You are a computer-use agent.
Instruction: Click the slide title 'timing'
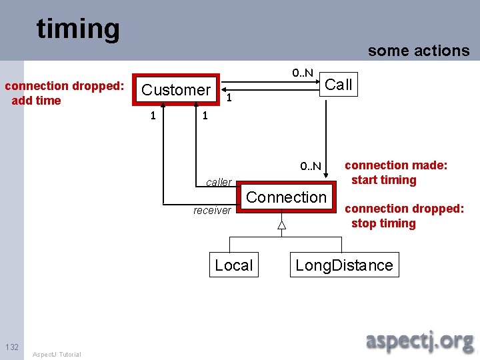tap(78, 29)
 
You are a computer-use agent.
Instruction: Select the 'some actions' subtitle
tap(419, 51)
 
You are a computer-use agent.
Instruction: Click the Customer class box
tap(176, 90)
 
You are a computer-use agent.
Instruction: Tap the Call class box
tap(338, 85)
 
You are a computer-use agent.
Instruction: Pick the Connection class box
tap(286, 197)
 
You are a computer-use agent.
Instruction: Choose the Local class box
tap(233, 265)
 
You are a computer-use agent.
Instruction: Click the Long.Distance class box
tap(344, 265)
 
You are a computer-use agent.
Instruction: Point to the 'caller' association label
tap(219, 182)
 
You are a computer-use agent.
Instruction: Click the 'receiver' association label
tap(212, 211)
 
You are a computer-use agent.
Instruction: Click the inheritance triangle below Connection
tap(282, 225)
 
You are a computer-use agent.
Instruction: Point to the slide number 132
tap(12, 347)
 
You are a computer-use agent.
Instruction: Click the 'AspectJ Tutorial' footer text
tap(57, 354)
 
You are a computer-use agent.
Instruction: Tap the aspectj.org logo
tap(419, 341)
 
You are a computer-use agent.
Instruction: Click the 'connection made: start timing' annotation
tap(396, 172)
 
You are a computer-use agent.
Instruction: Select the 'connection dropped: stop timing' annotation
tap(404, 216)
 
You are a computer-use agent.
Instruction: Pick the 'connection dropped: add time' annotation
tap(65, 93)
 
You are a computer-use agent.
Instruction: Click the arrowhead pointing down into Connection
tap(327, 177)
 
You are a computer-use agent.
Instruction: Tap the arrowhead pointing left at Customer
tap(223, 87)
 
